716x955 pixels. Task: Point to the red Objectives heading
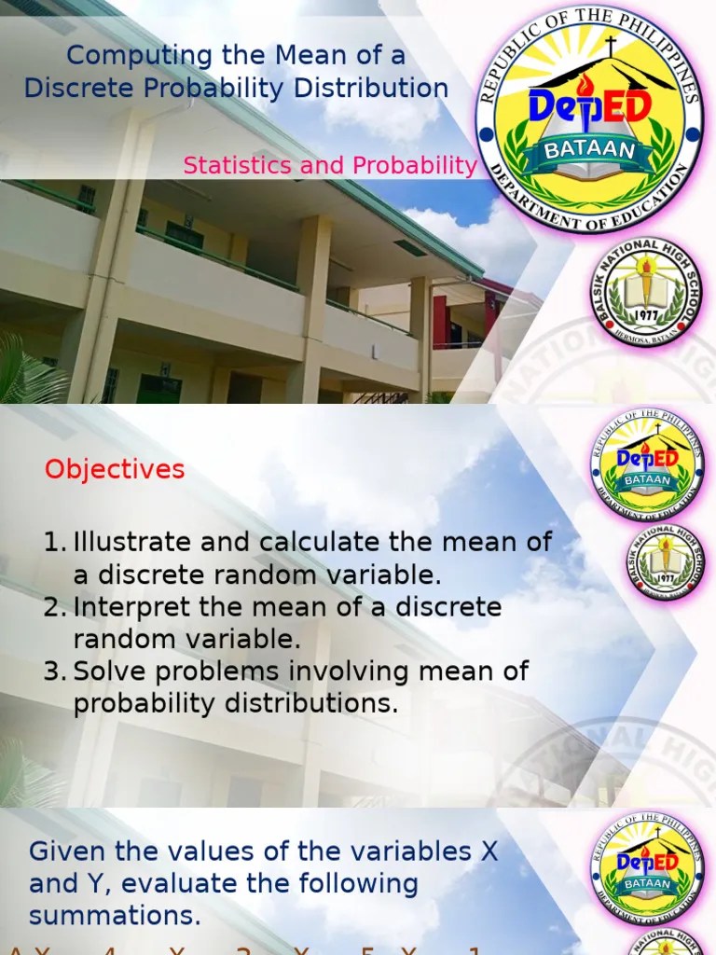click(x=115, y=469)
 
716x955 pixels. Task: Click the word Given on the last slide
click(x=67, y=851)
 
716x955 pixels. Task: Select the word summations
click(x=115, y=916)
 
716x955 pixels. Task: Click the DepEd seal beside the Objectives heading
click(x=647, y=464)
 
